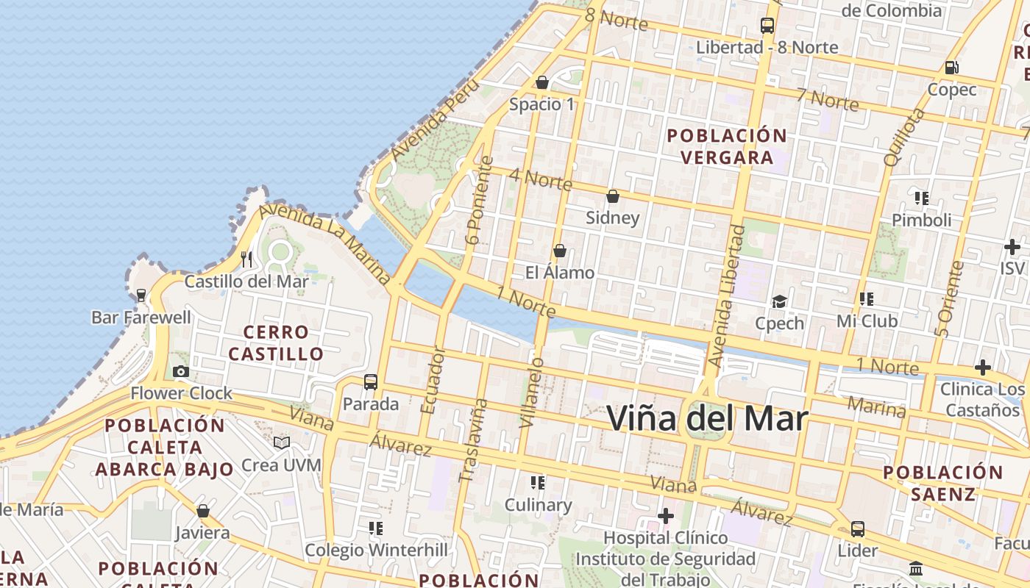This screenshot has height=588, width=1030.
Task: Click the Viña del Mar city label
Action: pos(707,418)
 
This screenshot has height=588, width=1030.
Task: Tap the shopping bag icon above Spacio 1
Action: pos(542,82)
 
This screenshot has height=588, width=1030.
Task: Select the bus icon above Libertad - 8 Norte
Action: pos(767,26)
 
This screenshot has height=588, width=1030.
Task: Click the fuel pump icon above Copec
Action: pos(951,68)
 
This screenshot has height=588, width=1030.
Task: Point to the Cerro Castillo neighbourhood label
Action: pos(276,343)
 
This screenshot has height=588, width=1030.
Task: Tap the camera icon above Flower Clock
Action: pos(180,371)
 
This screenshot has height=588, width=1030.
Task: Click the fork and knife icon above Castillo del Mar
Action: pos(246,259)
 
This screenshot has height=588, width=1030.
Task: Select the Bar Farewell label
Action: pos(141,318)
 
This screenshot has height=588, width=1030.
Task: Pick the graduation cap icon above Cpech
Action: pos(779,301)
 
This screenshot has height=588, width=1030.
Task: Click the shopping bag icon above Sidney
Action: pos(612,196)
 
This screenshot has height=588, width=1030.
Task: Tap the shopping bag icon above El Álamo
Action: pos(559,251)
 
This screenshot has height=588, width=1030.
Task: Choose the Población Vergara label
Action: pos(727,146)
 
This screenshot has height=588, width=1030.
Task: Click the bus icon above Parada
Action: pos(371,382)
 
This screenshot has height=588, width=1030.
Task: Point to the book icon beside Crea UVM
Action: pos(282,442)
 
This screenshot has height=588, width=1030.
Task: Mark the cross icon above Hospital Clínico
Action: pos(666,516)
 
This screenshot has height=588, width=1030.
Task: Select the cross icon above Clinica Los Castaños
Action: pos(983,367)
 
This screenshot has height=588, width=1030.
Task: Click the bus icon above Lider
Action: pos(858,528)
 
